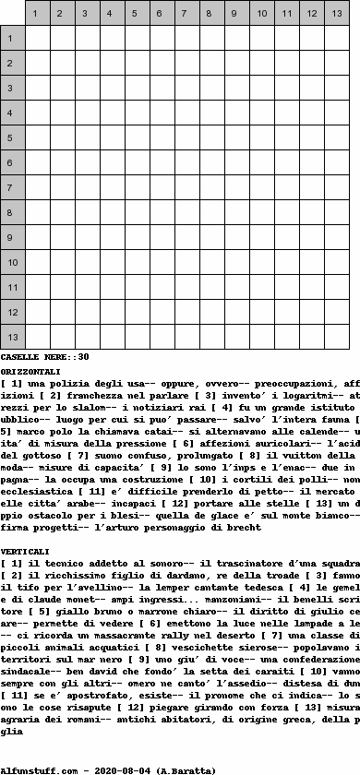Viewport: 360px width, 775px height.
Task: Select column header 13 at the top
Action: [337, 13]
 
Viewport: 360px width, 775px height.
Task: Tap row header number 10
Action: [12, 262]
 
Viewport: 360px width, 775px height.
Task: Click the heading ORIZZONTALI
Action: [30, 371]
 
